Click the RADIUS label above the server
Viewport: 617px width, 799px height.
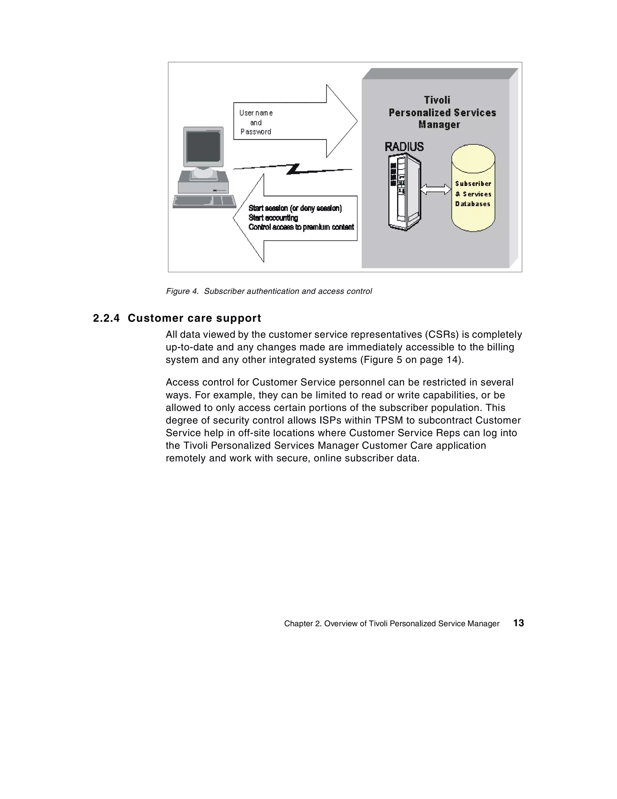point(404,147)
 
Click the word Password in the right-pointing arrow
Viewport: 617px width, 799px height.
point(256,132)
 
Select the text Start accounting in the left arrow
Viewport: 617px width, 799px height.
point(273,218)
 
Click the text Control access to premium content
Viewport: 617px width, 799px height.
point(301,227)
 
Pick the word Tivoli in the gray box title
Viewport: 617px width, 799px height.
point(437,100)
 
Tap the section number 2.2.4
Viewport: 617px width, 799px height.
point(106,318)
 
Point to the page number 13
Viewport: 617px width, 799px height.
point(518,623)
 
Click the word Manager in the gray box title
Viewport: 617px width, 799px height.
point(439,124)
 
